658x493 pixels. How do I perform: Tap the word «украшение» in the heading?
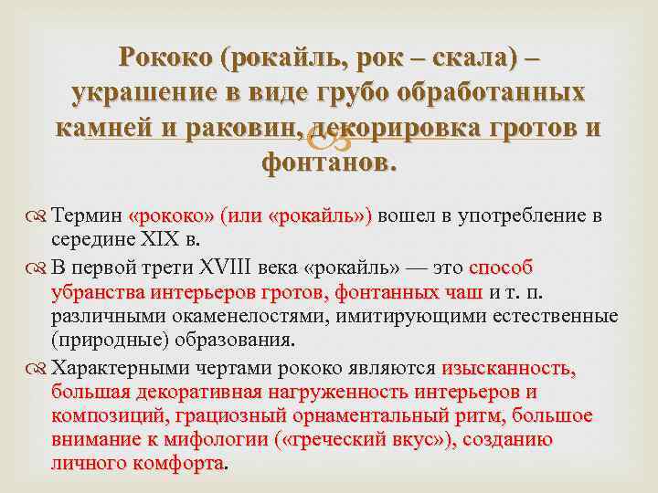(127, 94)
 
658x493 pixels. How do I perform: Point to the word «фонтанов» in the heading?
(327, 163)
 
